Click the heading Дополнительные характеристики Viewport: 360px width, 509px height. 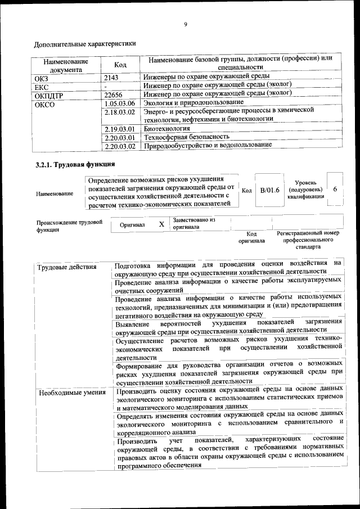pyautogui.click(x=85, y=43)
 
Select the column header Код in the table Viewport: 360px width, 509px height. pyautogui.click(x=120, y=65)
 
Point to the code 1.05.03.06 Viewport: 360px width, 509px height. pyautogui.click(x=120, y=103)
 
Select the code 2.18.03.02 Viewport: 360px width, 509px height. pyautogui.click(x=120, y=112)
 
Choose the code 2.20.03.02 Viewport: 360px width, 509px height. pyautogui.click(x=120, y=146)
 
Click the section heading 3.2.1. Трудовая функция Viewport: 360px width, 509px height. pyautogui.click(x=75, y=164)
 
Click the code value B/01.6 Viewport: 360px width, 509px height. pyautogui.click(x=269, y=190)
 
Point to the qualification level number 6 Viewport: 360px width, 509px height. pyautogui.click(x=335, y=190)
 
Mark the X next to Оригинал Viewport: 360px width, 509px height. pyautogui.click(x=161, y=224)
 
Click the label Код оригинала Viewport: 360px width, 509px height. pyautogui.click(x=251, y=237)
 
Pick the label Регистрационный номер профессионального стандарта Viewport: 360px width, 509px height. pyautogui.click(x=307, y=239)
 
